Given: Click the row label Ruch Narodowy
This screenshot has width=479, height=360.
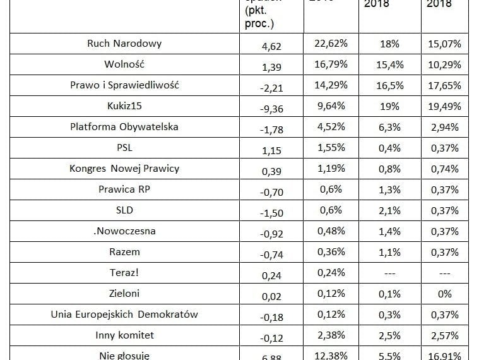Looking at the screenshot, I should [x=124, y=44].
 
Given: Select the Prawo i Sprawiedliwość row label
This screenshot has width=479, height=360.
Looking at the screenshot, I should [x=124, y=85].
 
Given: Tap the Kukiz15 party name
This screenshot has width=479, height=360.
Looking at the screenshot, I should [x=124, y=106].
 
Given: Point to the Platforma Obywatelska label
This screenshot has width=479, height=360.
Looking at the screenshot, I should [x=124, y=126].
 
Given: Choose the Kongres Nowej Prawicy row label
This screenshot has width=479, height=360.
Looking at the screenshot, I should [x=124, y=168].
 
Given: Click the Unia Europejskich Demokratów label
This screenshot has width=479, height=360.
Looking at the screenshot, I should [x=124, y=314].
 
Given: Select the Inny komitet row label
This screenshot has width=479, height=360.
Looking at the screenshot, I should [x=124, y=335].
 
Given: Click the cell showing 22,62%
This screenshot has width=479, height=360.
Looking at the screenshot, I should [x=331, y=44].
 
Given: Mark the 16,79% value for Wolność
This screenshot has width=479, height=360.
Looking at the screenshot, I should [x=331, y=64].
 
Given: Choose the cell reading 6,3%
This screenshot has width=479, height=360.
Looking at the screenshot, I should [x=389, y=126].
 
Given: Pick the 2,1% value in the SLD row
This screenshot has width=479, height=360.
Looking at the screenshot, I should [x=389, y=210].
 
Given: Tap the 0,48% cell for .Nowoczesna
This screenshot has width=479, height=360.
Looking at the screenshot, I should [x=331, y=231].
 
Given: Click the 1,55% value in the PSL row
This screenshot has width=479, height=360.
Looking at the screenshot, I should [x=331, y=147].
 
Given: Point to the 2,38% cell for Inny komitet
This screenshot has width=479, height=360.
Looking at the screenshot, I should [x=331, y=335].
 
